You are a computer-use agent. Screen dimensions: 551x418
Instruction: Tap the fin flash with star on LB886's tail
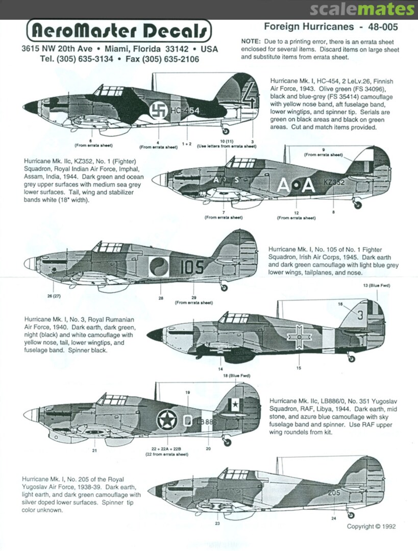tap(236, 406)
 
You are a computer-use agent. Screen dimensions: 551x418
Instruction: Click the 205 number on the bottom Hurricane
tap(334, 493)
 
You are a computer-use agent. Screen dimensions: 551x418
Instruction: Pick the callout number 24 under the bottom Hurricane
tap(334, 518)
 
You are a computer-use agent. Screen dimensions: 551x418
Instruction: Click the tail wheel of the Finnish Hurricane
tap(226, 131)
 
